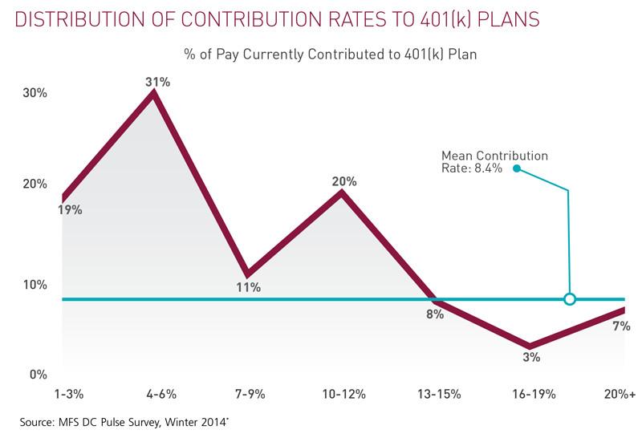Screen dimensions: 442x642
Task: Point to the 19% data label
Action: [x=69, y=210]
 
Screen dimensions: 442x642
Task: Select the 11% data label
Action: [x=249, y=287]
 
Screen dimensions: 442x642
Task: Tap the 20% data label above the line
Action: [x=344, y=181]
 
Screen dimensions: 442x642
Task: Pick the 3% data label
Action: [x=531, y=358]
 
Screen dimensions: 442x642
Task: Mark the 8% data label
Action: [x=435, y=314]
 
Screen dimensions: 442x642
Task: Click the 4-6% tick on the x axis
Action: [x=160, y=395]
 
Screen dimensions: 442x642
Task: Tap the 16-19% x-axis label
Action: [x=531, y=395]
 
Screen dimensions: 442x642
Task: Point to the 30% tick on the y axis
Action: [x=34, y=93]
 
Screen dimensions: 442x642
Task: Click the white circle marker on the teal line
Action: [x=570, y=299]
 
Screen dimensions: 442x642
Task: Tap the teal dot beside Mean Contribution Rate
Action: [x=517, y=168]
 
